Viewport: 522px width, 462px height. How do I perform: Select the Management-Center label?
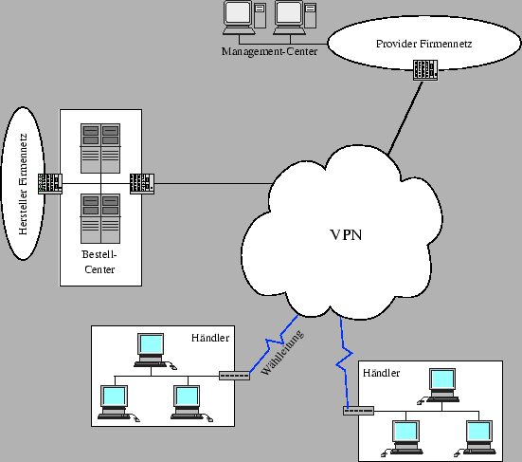(269, 50)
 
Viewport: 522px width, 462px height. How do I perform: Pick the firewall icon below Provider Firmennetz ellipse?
(424, 71)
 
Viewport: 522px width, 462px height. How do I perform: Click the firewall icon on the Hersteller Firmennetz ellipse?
(49, 182)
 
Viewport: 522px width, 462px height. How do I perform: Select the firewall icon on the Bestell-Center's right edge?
(141, 182)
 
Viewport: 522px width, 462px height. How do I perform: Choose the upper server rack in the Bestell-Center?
(100, 148)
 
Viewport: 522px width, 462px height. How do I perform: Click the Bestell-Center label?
(99, 263)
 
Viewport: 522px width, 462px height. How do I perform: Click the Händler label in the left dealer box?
(209, 338)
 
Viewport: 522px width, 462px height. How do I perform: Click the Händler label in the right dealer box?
(381, 373)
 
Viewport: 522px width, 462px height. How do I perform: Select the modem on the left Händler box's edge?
(233, 376)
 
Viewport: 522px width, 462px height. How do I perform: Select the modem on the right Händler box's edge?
(359, 411)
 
